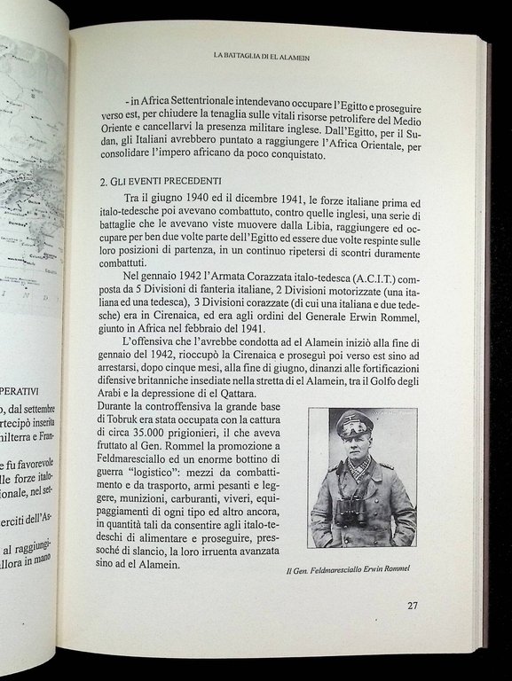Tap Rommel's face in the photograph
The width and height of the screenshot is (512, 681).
(357, 449)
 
